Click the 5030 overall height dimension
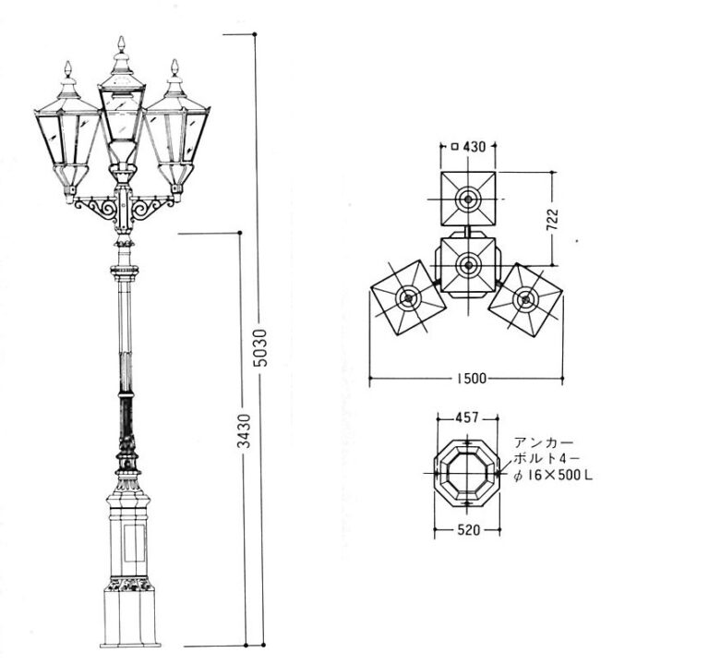[261, 347]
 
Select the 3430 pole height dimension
[244, 430]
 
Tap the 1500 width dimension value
[471, 378]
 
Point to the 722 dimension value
[553, 220]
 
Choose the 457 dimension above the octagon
[466, 417]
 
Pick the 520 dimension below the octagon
[467, 530]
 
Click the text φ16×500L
[553, 476]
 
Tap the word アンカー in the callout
[544, 442]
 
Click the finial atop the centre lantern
[121, 43]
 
